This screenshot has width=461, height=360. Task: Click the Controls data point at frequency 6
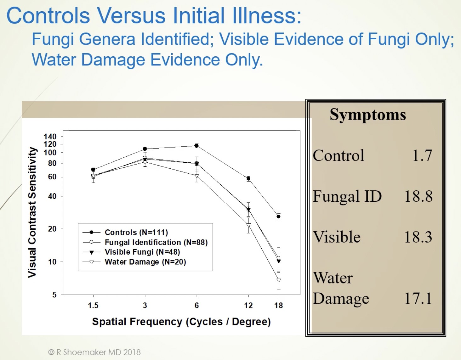196,145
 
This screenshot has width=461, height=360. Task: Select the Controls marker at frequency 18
279,217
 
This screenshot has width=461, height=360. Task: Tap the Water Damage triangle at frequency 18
279,280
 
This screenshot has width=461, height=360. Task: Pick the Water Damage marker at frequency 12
248,225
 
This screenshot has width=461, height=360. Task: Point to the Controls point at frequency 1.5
93,169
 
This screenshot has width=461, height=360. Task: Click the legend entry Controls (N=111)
125,232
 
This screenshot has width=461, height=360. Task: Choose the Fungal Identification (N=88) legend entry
145,242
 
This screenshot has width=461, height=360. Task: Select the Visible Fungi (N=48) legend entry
131,252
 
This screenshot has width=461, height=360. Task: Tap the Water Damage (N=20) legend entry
134,262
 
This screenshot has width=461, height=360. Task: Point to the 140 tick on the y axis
50,137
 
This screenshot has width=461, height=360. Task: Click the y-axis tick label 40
52,196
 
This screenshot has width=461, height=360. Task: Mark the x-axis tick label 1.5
93,306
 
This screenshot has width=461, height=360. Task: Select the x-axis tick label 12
248,306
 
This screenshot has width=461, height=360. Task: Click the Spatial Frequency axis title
181,322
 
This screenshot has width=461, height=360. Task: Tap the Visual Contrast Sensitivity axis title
32,212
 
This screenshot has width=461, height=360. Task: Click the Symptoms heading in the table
368,115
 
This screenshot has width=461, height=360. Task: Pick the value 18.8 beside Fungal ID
418,196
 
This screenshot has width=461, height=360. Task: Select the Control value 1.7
422,156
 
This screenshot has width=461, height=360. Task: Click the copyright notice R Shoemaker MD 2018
94,352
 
